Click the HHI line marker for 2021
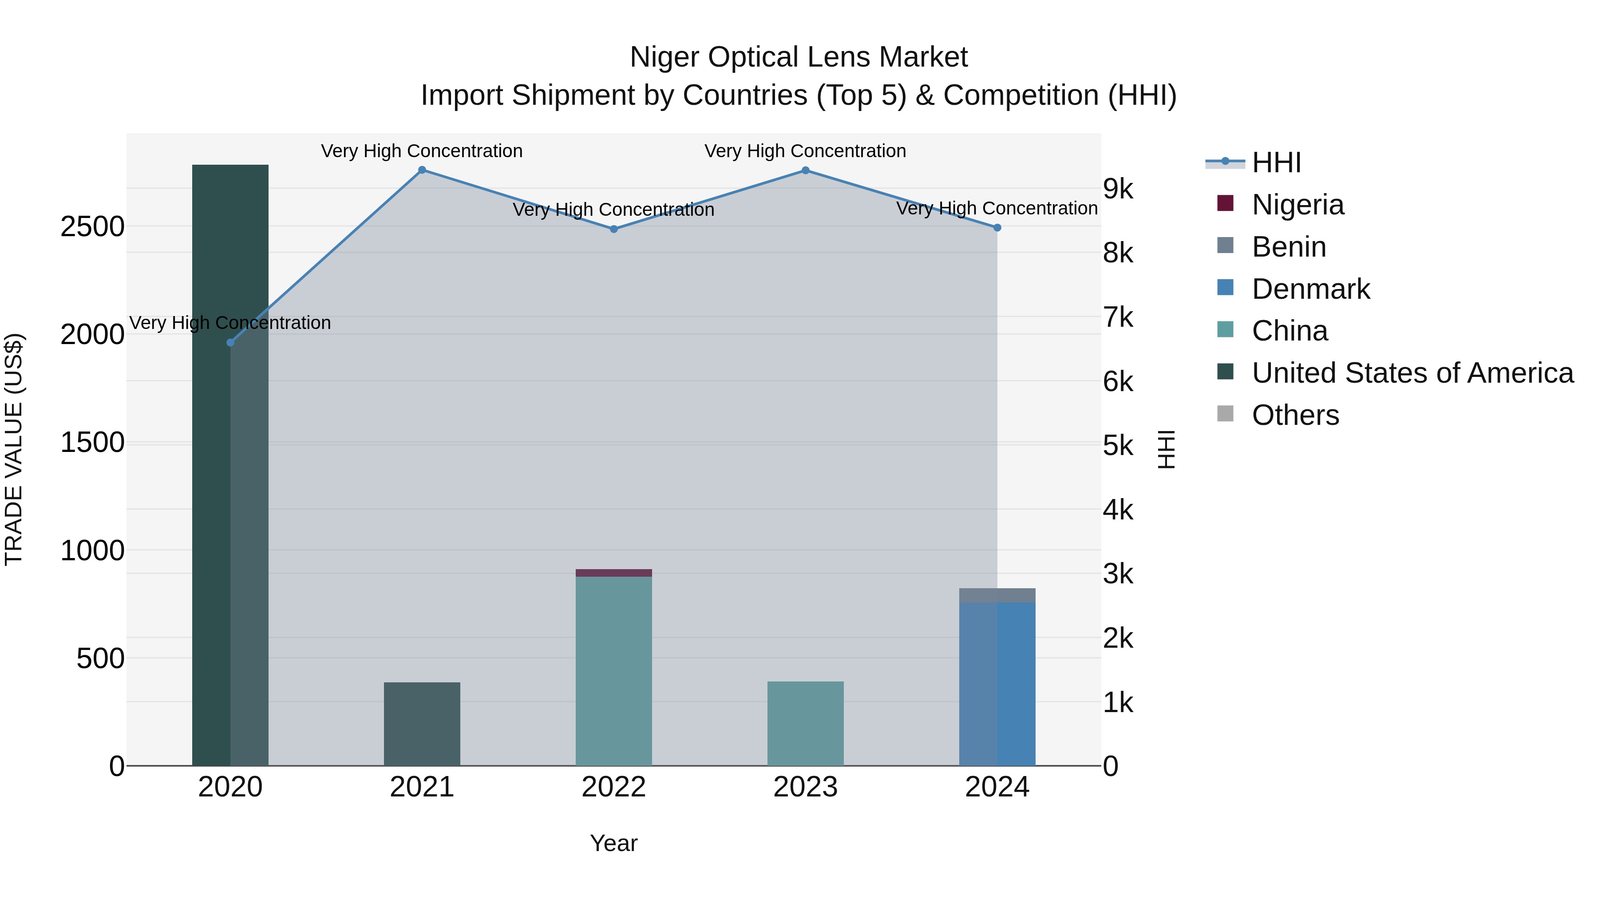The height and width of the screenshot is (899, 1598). point(422,170)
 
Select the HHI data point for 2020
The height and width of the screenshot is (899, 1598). point(230,342)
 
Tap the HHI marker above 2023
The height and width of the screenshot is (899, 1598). point(805,170)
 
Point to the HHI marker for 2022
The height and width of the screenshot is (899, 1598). point(613,229)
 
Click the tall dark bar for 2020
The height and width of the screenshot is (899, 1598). point(230,496)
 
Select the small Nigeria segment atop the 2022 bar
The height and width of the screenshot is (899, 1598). point(613,573)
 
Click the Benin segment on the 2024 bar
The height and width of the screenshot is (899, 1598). point(997,595)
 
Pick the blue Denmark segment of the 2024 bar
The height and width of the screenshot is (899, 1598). point(997,682)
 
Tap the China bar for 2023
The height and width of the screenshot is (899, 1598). point(805,723)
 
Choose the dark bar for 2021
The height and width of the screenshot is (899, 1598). point(422,724)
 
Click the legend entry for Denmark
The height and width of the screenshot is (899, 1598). point(1310,289)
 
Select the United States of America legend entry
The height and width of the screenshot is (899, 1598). point(1412,373)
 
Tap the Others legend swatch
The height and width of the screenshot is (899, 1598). point(1225,414)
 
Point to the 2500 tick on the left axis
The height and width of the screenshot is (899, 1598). point(92,226)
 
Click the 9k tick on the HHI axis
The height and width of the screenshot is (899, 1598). point(1118,189)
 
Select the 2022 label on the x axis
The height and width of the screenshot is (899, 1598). point(613,787)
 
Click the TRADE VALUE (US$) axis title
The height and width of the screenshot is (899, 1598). point(14,449)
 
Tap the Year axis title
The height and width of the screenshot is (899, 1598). point(613,843)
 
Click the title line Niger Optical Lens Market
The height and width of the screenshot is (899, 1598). point(799,57)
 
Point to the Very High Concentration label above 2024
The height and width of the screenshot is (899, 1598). point(997,209)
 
